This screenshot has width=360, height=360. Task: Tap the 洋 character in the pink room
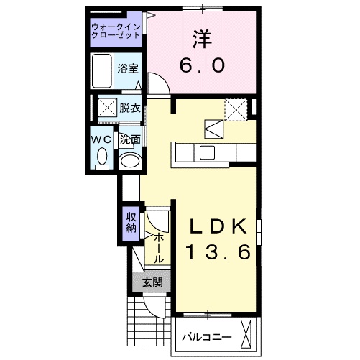tap(203, 38)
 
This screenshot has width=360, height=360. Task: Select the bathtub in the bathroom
tap(103, 70)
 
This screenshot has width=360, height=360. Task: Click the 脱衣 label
tap(130, 109)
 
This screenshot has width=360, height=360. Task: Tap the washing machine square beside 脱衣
tap(107, 109)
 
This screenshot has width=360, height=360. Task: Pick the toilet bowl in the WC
tap(101, 157)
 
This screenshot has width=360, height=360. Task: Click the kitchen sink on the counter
tap(208, 152)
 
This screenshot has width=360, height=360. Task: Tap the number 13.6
tap(218, 253)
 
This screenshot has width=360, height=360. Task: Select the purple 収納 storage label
tap(131, 223)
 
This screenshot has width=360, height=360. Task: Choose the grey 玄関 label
tap(151, 282)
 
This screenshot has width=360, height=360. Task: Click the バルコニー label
tap(206, 336)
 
